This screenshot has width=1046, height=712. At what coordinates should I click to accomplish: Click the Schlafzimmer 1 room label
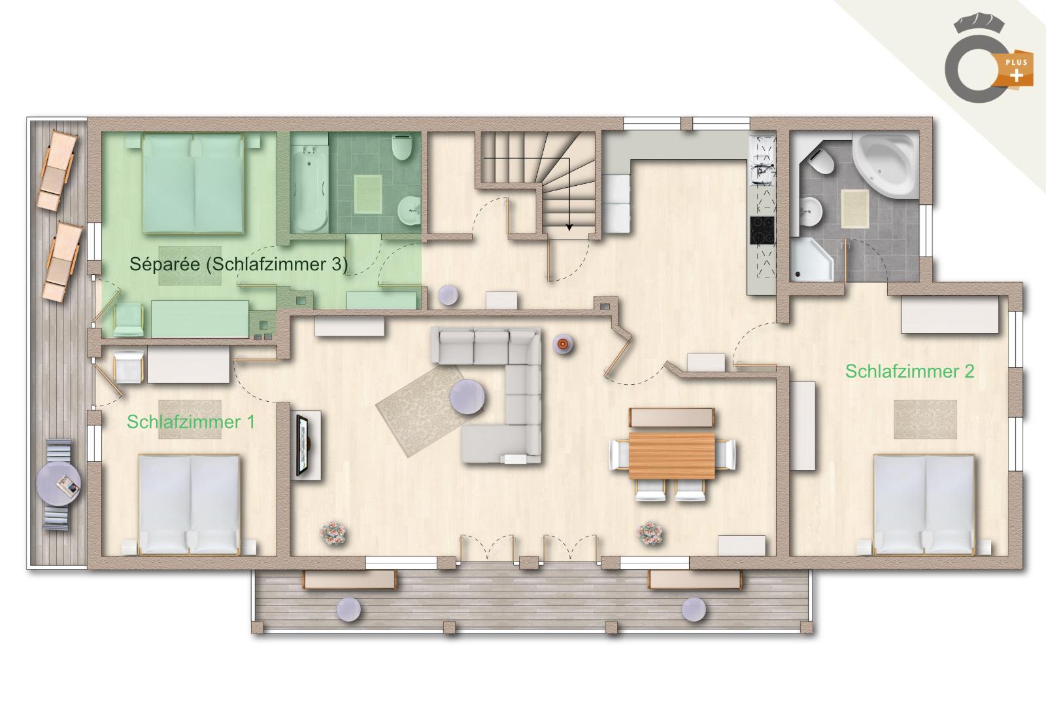coord(191,421)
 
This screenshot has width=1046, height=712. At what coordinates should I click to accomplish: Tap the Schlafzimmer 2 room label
coord(909,371)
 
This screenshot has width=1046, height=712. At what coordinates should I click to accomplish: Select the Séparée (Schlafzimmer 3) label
coord(239,264)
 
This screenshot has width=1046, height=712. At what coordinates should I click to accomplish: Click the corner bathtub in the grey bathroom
coord(885,164)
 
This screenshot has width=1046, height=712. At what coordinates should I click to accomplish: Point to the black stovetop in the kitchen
coord(762,230)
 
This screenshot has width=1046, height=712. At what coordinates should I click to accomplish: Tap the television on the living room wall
coord(303,445)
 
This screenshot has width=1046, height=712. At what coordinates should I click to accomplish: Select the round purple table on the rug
coord(467,397)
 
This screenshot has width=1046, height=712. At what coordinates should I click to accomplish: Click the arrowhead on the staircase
coord(569,226)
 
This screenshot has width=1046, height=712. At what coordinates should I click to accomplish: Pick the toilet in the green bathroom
coord(401,147)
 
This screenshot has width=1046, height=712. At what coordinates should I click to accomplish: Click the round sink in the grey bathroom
coord(811,211)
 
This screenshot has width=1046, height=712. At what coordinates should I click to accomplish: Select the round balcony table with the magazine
coord(58,484)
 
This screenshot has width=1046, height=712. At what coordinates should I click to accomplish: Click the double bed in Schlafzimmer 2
coord(924,505)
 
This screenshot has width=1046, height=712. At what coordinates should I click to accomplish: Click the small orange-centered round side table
coord(563,344)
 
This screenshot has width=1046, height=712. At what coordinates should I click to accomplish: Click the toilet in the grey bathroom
coord(822,161)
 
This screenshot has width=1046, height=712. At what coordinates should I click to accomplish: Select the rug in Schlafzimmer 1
coord(190,419)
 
